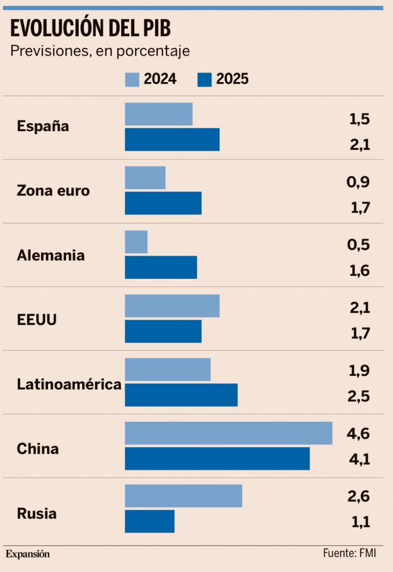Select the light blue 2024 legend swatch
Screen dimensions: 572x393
[131, 79]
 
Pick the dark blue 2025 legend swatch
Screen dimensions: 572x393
[205, 79]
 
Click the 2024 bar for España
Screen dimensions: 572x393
[158, 114]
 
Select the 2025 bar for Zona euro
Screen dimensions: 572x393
[163, 203]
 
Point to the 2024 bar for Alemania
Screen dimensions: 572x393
[136, 242]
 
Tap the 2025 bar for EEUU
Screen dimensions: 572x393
[163, 331]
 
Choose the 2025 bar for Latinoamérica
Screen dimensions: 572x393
[181, 395]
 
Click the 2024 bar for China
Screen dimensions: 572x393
[228, 433]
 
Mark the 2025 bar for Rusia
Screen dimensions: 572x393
[149, 521]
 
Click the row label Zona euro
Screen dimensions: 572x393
[53, 190]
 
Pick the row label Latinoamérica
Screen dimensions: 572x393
[69, 384]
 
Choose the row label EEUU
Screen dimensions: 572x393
[37, 321]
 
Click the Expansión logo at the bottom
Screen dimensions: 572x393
[28, 554]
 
